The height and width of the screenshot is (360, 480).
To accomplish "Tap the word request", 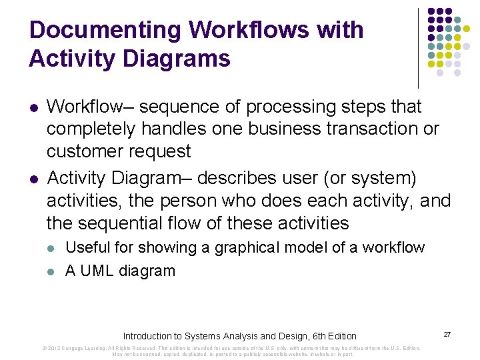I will [161, 151].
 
